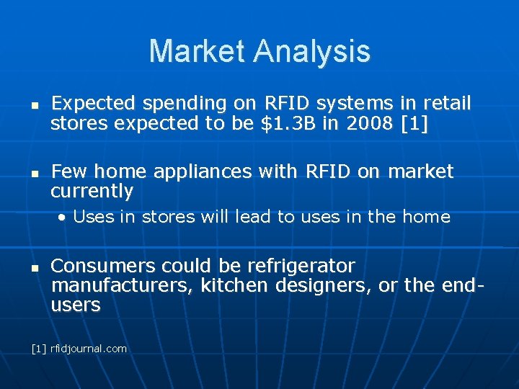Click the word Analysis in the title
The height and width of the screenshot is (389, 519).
click(x=312, y=51)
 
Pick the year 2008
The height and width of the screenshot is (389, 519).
click(x=369, y=123)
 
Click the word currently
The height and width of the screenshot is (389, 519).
click(x=92, y=191)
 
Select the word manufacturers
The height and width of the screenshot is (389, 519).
click(x=120, y=285)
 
